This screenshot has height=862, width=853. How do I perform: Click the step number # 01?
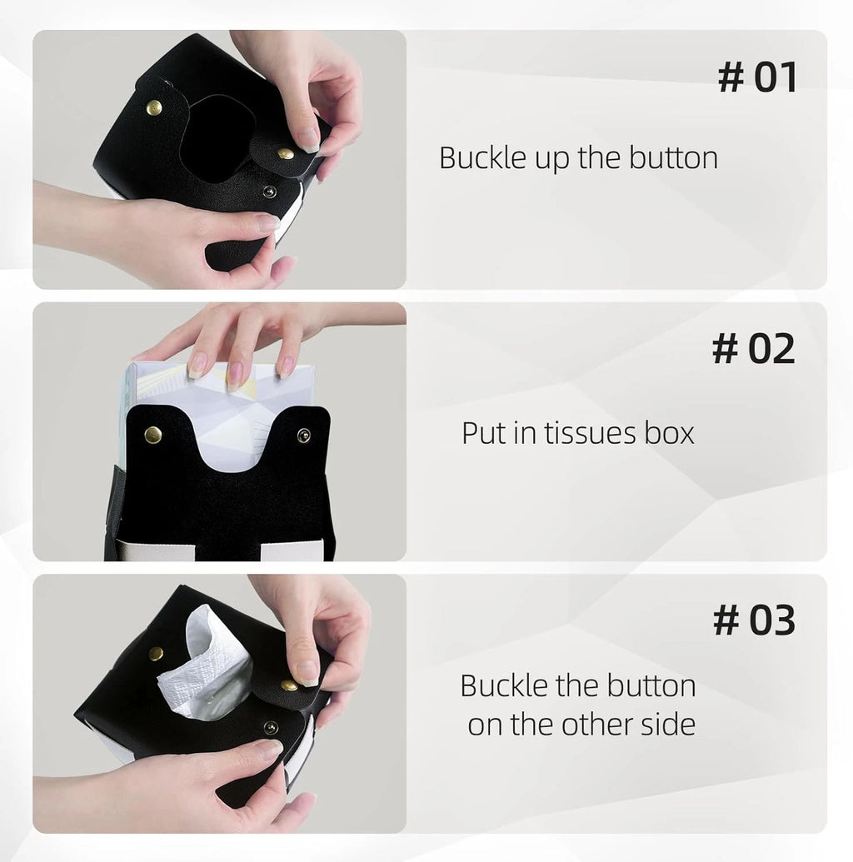coord(757,77)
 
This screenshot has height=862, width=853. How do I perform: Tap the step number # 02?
coord(753,348)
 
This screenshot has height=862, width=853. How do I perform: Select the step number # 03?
coord(754,620)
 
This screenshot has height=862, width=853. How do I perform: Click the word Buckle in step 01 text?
coord(483,157)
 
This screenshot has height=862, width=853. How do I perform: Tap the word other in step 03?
coord(598,724)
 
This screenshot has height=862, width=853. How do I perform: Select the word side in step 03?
coord(668,724)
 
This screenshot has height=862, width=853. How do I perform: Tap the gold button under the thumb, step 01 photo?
coord(286,153)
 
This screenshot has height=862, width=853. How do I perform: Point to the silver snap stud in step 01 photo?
coord(270,192)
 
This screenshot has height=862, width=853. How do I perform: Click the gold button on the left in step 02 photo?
coord(153,435)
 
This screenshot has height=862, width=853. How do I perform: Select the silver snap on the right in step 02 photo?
coord(303,436)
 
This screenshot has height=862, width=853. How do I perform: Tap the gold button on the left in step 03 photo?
coord(157,653)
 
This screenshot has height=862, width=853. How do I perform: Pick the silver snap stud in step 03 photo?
coord(270,727)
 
